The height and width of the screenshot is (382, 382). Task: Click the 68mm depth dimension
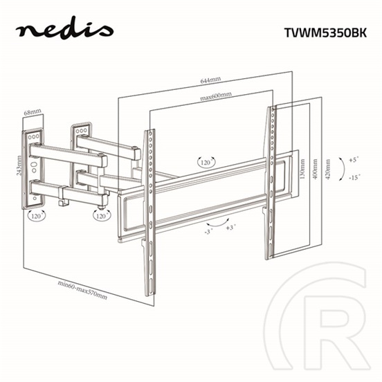tap(33, 111)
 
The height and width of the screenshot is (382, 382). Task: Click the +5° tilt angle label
tap(354, 158)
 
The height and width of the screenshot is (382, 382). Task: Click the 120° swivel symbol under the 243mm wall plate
tap(36, 216)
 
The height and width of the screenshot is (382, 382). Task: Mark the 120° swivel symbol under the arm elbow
tap(102, 215)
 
